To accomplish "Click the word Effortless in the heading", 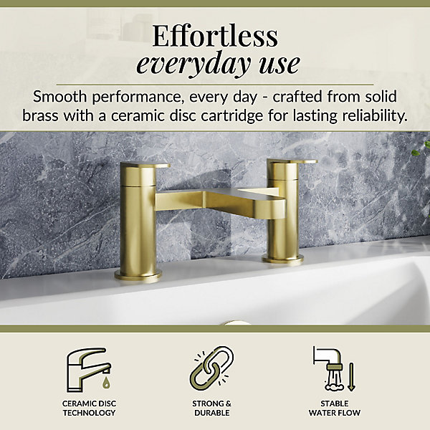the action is pyautogui.click(x=215, y=36).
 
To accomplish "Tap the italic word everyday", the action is pyautogui.click(x=193, y=64).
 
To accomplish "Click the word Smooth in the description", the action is pyautogui.click(x=59, y=97).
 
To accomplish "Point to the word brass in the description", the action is pyautogui.click(x=40, y=115).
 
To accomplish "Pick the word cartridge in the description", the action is pyautogui.click(x=232, y=116).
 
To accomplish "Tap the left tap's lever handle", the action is pyautogui.click(x=145, y=165).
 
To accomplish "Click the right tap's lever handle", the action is pyautogui.click(x=292, y=162).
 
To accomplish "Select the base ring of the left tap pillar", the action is pyautogui.click(x=138, y=275).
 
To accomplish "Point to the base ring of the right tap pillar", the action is pyautogui.click(x=283, y=259).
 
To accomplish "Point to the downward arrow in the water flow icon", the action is pyautogui.click(x=352, y=377).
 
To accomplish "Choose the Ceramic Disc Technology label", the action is pyautogui.click(x=89, y=408).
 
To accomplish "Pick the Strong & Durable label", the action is pyautogui.click(x=211, y=408).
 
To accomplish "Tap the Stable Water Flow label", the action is pyautogui.click(x=334, y=408).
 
